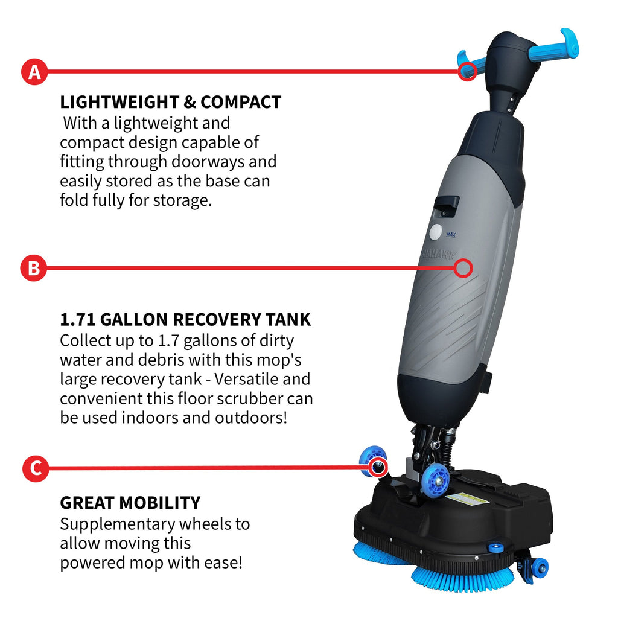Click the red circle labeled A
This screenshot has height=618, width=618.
35,72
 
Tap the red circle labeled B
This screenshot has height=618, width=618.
34,269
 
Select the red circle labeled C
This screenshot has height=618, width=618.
35,468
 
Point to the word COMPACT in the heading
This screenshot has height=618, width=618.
241,102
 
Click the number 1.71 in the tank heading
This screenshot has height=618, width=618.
80,319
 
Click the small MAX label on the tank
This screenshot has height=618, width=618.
450,234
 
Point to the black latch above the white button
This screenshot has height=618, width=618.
447,205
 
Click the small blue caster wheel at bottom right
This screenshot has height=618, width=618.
539,568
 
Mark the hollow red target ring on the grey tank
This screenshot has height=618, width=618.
463,269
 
